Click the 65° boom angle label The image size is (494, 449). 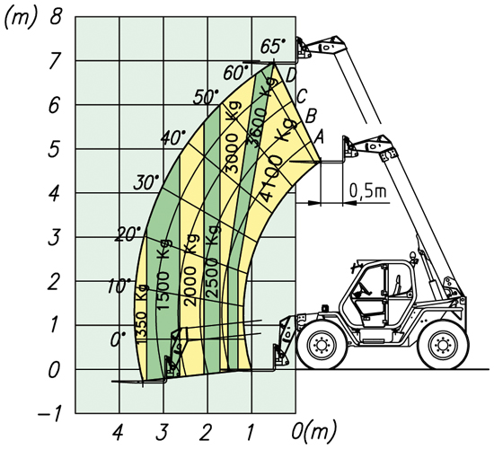click(x=272, y=46)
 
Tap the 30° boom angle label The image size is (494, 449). click(x=146, y=182)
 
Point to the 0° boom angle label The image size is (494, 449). click(x=119, y=340)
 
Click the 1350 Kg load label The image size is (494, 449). click(x=141, y=314)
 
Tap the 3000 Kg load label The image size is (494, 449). click(x=233, y=137)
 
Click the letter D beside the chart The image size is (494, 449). click(x=291, y=76)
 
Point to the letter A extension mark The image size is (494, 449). click(x=318, y=136)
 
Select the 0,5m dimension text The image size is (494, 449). click(x=367, y=191)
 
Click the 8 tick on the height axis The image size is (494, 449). click(x=56, y=17)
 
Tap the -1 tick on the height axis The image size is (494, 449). click(x=49, y=413)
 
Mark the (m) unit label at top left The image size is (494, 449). click(x=20, y=18)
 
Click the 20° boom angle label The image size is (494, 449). click(x=128, y=234)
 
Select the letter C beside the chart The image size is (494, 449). click(x=301, y=96)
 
